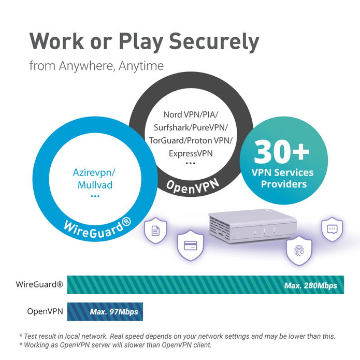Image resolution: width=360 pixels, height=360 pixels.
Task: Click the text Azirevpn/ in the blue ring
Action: pos(95,173)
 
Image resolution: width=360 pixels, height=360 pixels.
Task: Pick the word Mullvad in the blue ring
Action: pos(95,185)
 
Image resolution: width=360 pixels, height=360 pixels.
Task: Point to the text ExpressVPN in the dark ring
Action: pos(191,153)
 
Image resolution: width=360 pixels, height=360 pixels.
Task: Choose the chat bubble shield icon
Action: pos(332,229)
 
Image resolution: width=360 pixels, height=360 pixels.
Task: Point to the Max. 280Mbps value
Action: pos(310,285)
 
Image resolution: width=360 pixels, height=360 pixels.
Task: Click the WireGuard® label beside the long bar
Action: pos(40,285)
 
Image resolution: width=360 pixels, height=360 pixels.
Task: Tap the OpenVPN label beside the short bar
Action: pos(45,312)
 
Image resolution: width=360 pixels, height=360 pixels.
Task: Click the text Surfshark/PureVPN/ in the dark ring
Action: pos(191,127)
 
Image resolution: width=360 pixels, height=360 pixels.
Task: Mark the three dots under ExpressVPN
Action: pos(191,164)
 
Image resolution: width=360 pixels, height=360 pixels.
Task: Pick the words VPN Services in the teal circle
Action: pos(283,172)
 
